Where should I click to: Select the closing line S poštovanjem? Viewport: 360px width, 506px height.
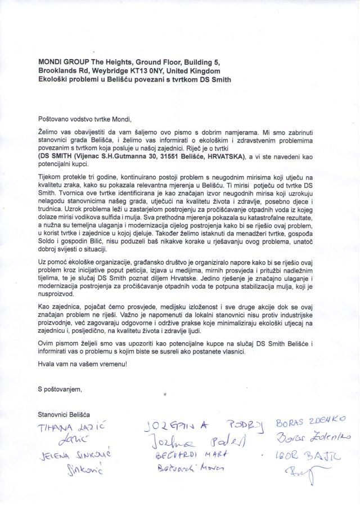click(x=60, y=389)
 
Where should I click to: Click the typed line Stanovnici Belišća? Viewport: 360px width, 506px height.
click(x=65, y=415)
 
